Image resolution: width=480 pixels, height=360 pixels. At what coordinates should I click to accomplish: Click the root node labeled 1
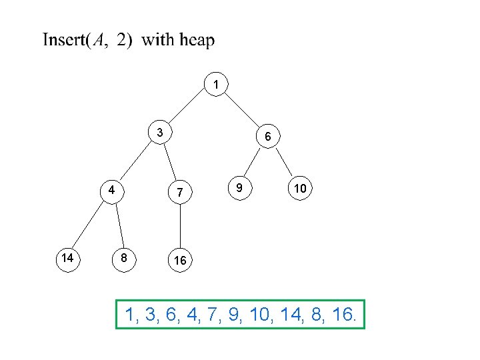215,84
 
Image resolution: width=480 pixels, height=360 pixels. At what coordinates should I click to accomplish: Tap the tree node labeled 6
267,137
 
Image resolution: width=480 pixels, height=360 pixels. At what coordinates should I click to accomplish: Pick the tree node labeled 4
113,189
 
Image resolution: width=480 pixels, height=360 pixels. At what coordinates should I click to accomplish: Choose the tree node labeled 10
301,189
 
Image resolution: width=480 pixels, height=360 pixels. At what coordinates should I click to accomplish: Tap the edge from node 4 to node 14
90,222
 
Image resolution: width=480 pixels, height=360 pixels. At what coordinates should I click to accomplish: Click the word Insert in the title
63,41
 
